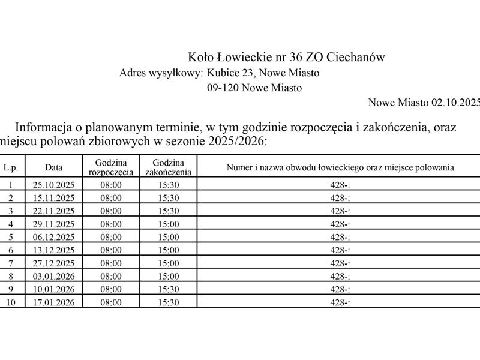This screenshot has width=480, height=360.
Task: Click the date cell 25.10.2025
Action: (x=53, y=184)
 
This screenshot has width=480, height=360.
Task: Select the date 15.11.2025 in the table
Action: (x=53, y=197)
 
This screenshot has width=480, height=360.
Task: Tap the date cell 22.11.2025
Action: (x=53, y=211)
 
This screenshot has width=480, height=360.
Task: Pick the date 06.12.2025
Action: (x=53, y=237)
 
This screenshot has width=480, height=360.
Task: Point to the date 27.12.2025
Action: (x=53, y=263)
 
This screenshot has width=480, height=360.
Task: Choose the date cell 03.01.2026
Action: (x=53, y=276)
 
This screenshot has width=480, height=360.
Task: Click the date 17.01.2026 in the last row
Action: (x=53, y=302)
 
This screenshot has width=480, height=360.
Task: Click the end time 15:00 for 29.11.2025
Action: (x=168, y=224)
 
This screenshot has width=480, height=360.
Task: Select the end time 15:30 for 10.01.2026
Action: (x=168, y=289)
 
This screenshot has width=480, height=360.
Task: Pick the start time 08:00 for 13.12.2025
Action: (x=111, y=250)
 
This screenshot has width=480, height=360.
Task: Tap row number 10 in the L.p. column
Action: (x=11, y=302)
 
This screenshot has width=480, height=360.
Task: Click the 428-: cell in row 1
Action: (x=340, y=184)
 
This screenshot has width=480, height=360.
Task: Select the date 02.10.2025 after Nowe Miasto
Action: (x=456, y=103)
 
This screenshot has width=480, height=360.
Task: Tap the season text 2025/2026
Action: (x=232, y=142)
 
